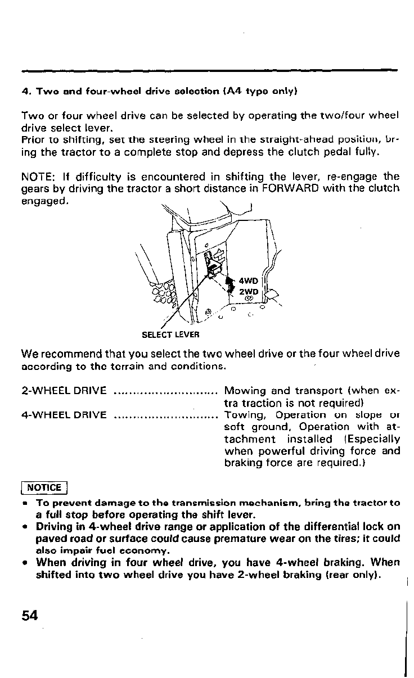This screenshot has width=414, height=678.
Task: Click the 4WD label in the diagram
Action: click(248, 281)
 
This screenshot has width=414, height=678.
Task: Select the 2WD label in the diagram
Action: click(248, 292)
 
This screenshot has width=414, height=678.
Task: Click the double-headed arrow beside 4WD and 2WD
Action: click(229, 286)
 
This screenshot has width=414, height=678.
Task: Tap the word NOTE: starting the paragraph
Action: click(37, 177)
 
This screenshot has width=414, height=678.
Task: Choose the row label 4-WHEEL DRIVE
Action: click(64, 415)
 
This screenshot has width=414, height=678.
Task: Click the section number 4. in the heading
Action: click(25, 91)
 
